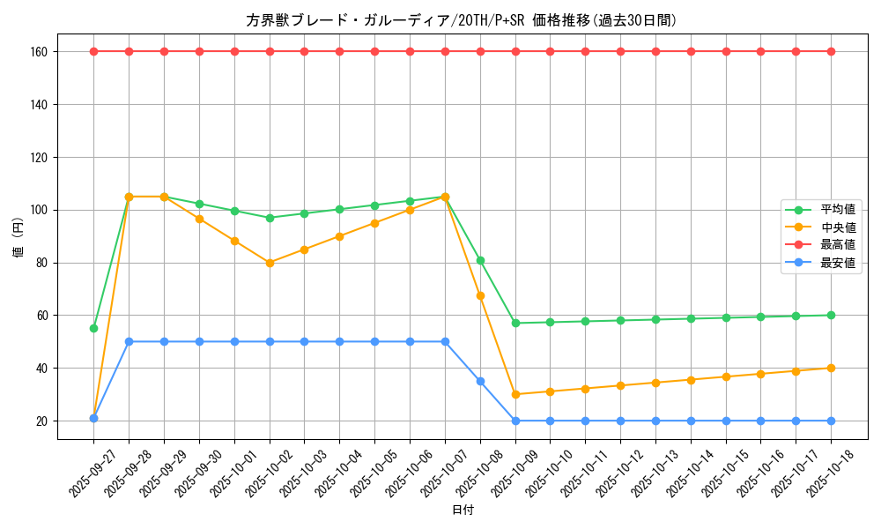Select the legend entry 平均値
tap(838, 210)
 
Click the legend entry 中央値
tap(838, 227)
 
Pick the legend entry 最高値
tap(838, 245)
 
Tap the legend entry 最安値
tap(838, 263)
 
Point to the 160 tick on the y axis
tap(39, 51)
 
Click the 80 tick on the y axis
tap(41, 263)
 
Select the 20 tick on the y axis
tap(41, 421)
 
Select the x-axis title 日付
tap(463, 510)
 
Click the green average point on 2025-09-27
tap(93, 328)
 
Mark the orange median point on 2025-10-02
tap(270, 263)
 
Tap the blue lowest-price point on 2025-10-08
tap(480, 381)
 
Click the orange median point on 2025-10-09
tap(515, 394)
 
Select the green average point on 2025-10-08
tap(480, 260)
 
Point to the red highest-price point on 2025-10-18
tap(831, 51)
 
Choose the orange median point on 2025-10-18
tap(831, 368)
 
